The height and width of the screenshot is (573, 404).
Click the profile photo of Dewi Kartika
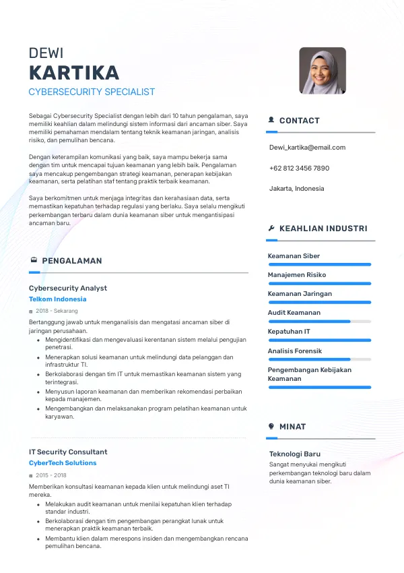pyautogui.click(x=323, y=71)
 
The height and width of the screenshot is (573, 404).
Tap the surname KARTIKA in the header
pyautogui.click(x=74, y=73)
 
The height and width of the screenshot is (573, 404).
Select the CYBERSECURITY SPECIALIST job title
pyautogui.click(x=92, y=92)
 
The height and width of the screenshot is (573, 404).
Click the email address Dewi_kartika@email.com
pyautogui.click(x=307, y=148)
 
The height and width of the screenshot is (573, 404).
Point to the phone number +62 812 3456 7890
pyautogui.click(x=299, y=168)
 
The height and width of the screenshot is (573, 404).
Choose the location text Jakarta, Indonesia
pyautogui.click(x=296, y=189)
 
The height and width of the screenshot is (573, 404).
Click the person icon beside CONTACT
pyautogui.click(x=271, y=120)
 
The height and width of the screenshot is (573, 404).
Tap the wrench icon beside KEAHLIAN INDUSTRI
pyautogui.click(x=271, y=229)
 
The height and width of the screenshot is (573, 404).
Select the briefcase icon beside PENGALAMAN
pyautogui.click(x=34, y=260)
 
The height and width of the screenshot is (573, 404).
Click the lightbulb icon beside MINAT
pyautogui.click(x=271, y=426)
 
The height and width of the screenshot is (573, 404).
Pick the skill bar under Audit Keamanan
pyautogui.click(x=319, y=322)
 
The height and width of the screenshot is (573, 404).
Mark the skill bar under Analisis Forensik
pyautogui.click(x=319, y=359)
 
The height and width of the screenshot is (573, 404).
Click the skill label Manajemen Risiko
pyautogui.click(x=296, y=275)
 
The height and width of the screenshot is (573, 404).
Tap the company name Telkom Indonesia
pyautogui.click(x=58, y=299)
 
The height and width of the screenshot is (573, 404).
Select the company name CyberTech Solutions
pyautogui.click(x=63, y=463)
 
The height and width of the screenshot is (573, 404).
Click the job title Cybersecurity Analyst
pyautogui.click(x=68, y=288)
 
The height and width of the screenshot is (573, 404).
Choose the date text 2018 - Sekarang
pyautogui.click(x=57, y=311)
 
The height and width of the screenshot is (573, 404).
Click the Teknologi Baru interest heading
pyautogui.click(x=295, y=454)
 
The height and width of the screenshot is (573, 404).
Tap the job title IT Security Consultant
pyautogui.click(x=68, y=452)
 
